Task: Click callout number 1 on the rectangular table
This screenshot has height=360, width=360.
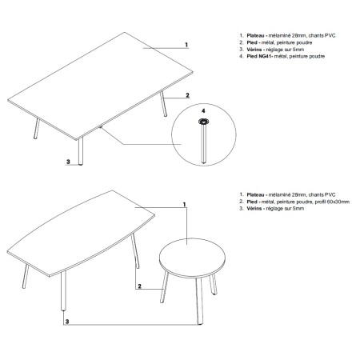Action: [185, 46]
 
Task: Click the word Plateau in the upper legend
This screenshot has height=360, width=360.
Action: [255, 36]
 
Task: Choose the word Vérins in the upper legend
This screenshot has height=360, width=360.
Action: [254, 50]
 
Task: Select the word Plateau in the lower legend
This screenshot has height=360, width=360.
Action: [255, 194]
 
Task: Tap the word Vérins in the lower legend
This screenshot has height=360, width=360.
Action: [254, 209]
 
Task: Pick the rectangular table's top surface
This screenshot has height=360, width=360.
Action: [104, 80]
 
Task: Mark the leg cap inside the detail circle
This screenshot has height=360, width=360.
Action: [203, 122]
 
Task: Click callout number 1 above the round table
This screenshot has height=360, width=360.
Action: [185, 205]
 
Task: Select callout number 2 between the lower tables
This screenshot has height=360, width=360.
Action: [138, 286]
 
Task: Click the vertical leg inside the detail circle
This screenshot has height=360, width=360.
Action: [204, 144]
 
